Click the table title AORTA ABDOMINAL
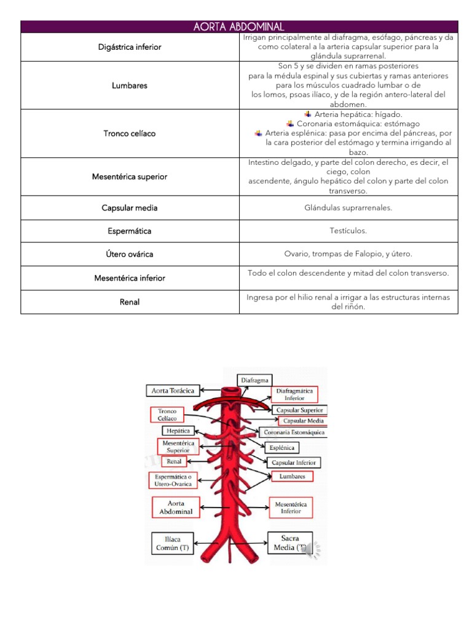[x=238, y=26]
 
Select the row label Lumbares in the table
[x=130, y=86]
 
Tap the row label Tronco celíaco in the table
[x=130, y=134]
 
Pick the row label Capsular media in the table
[x=130, y=208]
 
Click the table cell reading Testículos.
[x=348, y=231]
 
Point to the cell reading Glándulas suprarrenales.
[x=348, y=208]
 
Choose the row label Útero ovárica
[x=130, y=254]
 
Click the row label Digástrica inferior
[x=130, y=47]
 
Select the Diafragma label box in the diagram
[x=255, y=380]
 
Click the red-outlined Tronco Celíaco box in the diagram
[x=167, y=415]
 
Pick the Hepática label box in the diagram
[x=178, y=431]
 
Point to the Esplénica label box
[x=284, y=448]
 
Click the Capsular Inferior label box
[x=293, y=462]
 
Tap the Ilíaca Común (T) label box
[x=171, y=543]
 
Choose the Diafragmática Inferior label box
[x=295, y=394]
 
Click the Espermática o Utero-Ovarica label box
[x=173, y=480]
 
